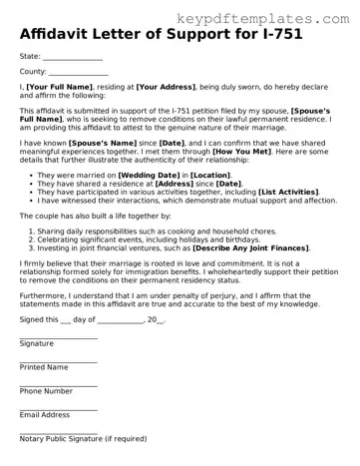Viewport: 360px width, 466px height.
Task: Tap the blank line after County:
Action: [x=79, y=73]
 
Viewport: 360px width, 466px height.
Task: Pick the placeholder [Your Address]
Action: [x=168, y=89]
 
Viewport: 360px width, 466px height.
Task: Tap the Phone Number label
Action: [x=46, y=391]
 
